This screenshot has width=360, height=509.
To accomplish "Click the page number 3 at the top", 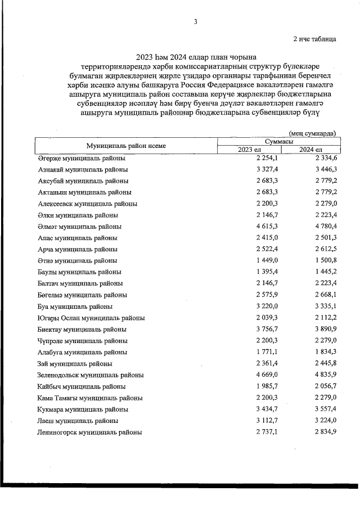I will (195, 22).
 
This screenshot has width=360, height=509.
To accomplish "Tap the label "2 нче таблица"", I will (314, 39).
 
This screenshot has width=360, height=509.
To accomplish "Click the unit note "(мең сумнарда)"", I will (312, 133).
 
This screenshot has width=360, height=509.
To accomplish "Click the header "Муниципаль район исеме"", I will (125, 145).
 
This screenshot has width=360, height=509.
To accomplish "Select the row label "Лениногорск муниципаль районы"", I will (89, 433).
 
